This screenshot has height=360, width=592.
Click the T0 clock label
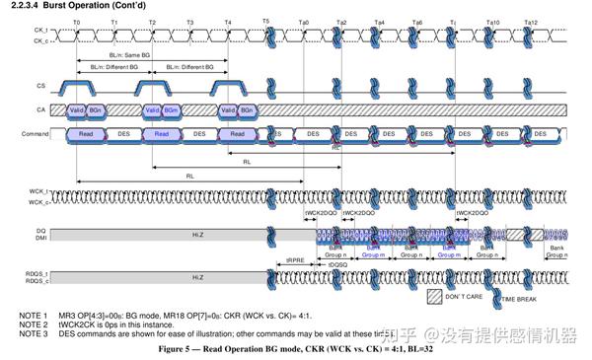click(x=76, y=21)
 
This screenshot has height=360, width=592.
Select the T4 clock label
click(x=228, y=21)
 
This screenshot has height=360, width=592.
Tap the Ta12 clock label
click(x=531, y=21)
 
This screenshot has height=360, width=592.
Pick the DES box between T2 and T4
click(x=199, y=133)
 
